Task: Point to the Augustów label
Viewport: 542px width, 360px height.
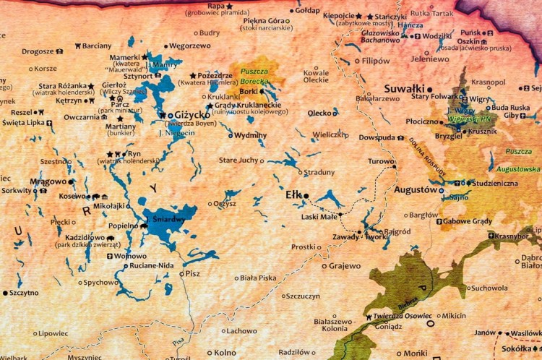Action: point(416,189)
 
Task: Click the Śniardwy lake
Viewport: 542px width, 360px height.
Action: point(165,220)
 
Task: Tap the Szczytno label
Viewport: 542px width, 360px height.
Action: point(23,293)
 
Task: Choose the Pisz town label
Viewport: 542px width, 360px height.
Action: point(192,274)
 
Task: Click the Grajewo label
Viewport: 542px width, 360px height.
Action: point(345,266)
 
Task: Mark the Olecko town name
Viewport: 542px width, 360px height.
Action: point(319,113)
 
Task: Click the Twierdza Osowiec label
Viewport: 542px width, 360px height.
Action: point(403,316)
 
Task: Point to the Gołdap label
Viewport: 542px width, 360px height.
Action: point(307,11)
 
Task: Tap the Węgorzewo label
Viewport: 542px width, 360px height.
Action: point(189,46)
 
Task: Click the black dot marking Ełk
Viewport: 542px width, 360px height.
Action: point(306,195)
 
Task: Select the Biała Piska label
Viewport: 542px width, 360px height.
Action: point(258,278)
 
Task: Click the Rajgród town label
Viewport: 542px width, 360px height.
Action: point(397,232)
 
